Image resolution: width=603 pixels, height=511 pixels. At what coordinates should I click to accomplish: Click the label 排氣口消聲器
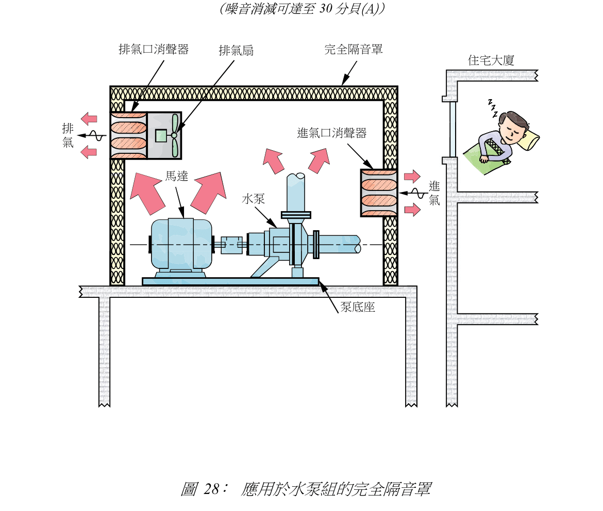point(154,50)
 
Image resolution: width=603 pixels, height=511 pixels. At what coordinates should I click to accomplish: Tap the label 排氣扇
point(236,51)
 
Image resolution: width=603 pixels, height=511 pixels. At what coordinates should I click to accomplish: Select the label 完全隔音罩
point(354,50)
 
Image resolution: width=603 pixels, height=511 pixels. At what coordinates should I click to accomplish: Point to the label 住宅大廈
point(491,60)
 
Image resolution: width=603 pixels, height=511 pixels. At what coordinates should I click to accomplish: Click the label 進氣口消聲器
point(332,133)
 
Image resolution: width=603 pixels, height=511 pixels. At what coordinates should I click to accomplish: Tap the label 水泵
point(254,199)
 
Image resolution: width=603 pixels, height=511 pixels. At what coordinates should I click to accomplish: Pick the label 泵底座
point(357,308)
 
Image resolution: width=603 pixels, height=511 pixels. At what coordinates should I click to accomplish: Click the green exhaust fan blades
point(175,135)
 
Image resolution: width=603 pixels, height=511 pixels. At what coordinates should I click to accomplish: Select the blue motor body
point(180,244)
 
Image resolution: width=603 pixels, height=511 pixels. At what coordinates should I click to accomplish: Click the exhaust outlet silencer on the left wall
point(128,135)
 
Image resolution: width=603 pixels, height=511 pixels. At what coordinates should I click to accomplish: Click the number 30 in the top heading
point(327,9)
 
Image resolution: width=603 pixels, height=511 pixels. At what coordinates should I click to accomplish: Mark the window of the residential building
point(453,129)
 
